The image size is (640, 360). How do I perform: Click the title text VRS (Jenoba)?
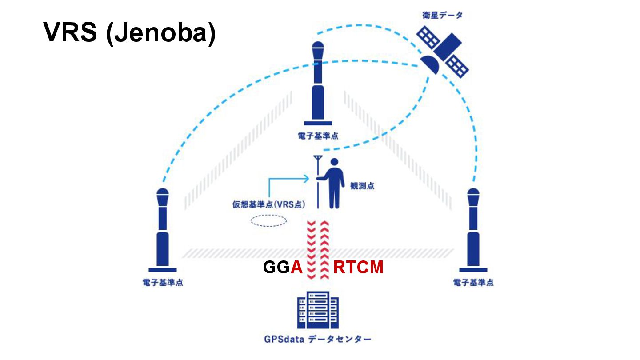coord(129,32)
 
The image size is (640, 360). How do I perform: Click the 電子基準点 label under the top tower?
coord(318,135)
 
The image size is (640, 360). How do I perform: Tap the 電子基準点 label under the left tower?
coord(163,283)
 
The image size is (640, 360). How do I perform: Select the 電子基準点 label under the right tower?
coord(473,283)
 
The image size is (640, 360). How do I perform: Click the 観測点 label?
coord(362,185)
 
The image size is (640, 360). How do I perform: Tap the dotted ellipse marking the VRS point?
coord(268,220)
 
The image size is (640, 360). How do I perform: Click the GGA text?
coord(283,268)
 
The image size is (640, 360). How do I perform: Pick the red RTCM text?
coord(358,268)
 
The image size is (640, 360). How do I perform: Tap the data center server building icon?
coord(318,310)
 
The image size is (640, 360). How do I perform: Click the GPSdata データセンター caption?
coord(318,340)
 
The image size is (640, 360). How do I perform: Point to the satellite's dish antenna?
coord(430,65)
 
